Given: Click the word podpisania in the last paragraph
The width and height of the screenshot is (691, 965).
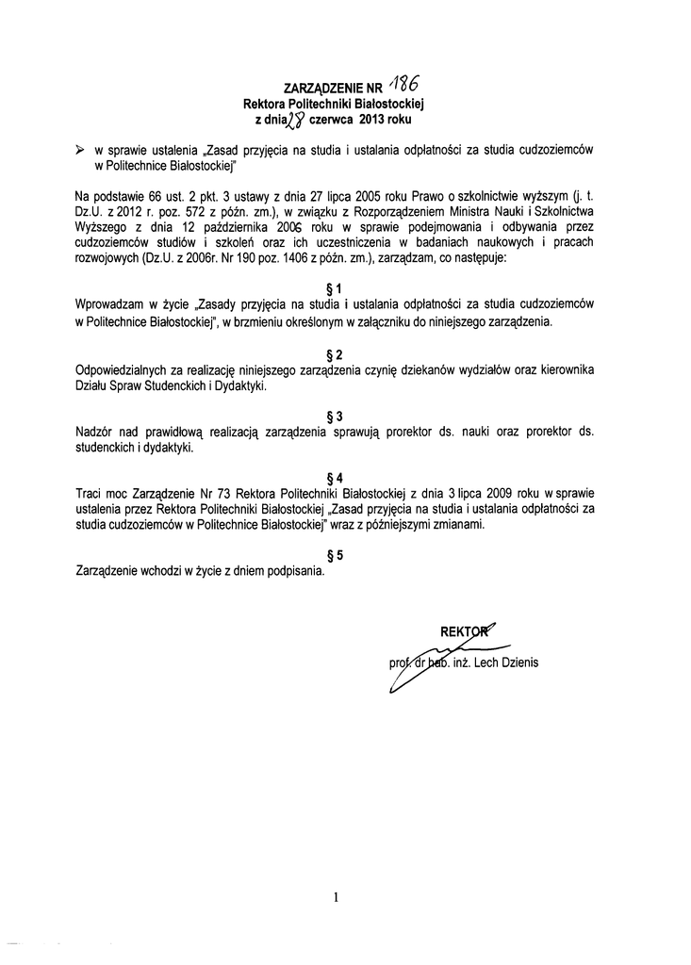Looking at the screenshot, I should (295, 570).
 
